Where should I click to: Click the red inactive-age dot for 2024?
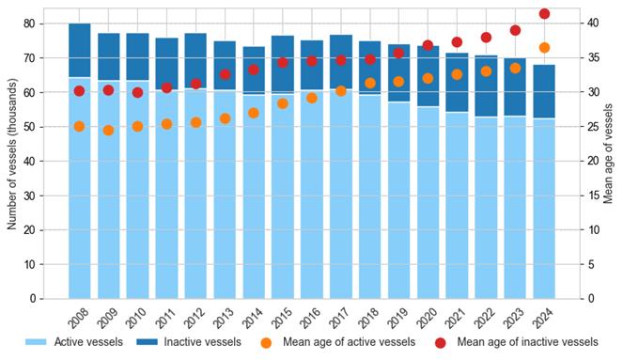click(x=544, y=14)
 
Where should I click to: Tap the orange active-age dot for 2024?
click(x=544, y=48)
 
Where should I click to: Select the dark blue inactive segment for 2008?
click(x=80, y=51)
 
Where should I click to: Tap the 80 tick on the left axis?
click(x=29, y=23)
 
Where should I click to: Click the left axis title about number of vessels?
click(x=12, y=154)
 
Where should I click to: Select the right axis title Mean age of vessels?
click(x=608, y=154)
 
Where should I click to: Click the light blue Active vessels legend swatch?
click(x=36, y=342)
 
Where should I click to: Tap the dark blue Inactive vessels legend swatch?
click(x=147, y=342)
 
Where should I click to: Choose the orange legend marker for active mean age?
click(x=266, y=343)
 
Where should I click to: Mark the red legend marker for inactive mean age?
click(x=440, y=343)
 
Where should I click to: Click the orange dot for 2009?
click(x=108, y=131)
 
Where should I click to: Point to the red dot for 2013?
click(x=225, y=74)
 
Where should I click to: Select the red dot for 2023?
click(x=515, y=30)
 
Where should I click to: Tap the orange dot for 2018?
click(x=370, y=83)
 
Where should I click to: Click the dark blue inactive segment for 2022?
click(x=487, y=86)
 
